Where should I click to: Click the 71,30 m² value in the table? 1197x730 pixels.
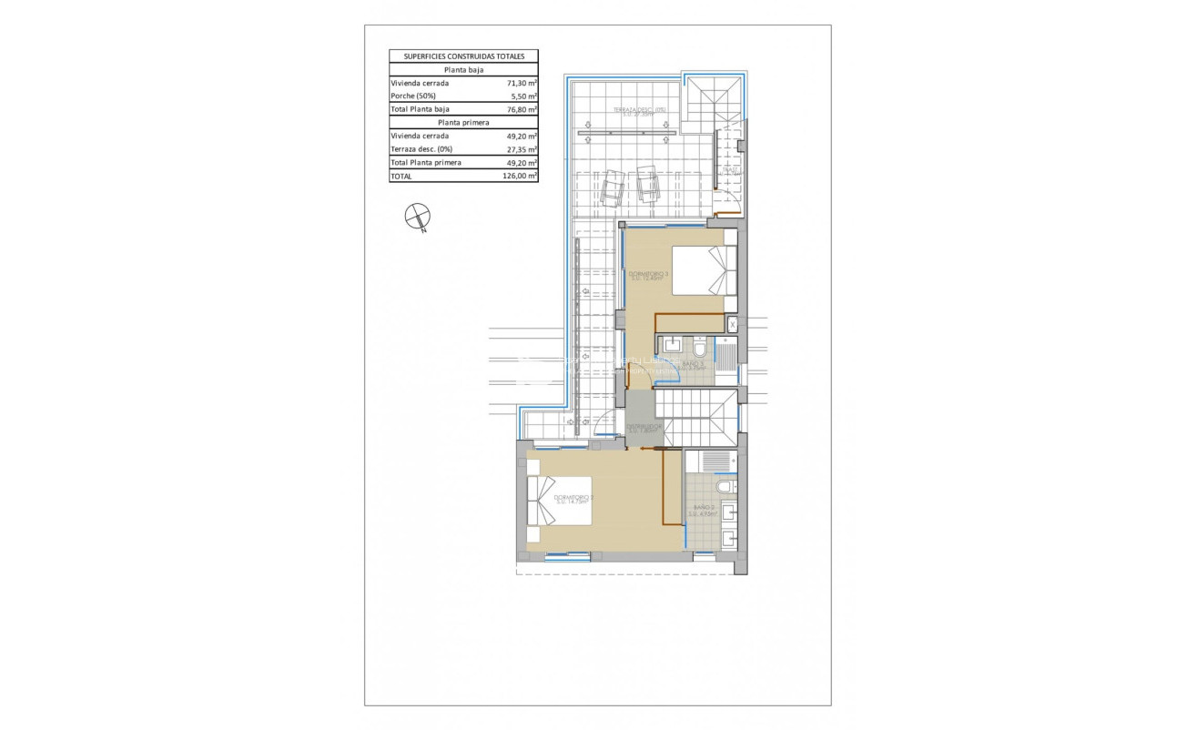point(522,83)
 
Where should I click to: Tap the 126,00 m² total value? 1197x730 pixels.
point(520,177)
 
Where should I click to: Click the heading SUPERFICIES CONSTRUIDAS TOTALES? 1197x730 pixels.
point(463,56)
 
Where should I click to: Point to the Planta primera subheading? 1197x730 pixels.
point(463,122)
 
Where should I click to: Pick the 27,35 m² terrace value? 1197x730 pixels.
point(522,149)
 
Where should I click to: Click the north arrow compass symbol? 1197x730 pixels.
point(417,217)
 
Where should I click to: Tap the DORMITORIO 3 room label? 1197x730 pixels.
point(648,275)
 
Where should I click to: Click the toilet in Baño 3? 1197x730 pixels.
point(700,348)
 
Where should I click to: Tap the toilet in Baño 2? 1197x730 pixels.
point(725,489)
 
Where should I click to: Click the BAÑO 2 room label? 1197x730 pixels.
point(704,510)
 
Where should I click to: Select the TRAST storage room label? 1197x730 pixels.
point(730,170)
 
